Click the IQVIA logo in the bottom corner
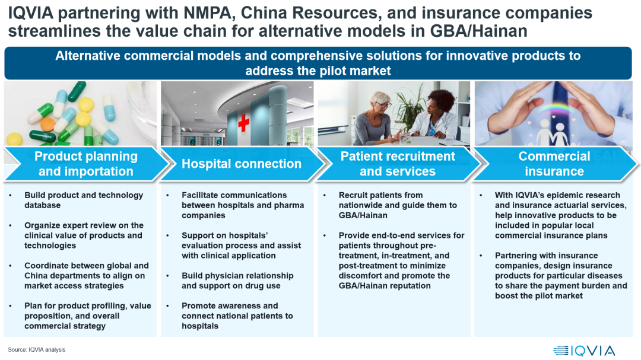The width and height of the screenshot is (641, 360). [584, 351]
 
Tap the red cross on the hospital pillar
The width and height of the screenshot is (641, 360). [244, 123]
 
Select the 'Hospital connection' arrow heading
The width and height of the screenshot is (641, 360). [242, 164]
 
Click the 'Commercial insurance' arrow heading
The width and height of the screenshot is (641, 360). [554, 164]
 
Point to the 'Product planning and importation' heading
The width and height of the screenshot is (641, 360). [86, 164]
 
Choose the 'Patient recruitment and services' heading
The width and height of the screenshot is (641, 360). [398, 164]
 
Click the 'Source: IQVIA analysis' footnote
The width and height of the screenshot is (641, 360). [37, 350]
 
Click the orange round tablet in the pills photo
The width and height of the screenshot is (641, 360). [47, 124]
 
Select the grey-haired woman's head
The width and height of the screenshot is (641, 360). [379, 103]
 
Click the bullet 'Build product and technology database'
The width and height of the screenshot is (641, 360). [84, 200]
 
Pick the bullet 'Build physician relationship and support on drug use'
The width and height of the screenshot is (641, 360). [237, 281]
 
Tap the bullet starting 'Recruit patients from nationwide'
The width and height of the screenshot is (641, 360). [398, 205]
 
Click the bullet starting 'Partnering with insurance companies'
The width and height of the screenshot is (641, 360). [561, 275]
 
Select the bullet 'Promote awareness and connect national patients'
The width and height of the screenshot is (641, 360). [237, 316]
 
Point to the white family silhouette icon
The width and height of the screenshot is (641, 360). [552, 133]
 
